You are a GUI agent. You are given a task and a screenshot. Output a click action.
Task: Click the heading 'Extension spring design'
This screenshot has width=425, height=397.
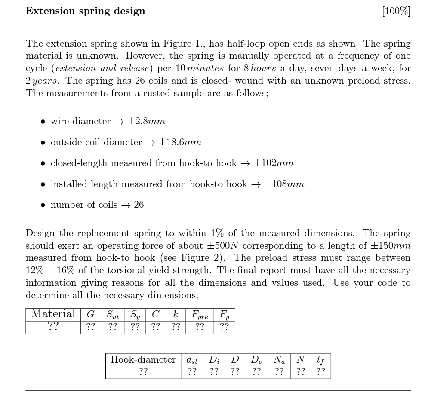coord(85,11)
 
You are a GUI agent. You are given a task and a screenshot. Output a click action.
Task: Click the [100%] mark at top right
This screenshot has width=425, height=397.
coord(396,11)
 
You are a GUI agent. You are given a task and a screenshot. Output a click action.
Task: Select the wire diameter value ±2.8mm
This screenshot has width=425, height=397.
coord(147,122)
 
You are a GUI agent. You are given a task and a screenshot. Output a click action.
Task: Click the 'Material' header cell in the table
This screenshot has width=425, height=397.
coord(53,314)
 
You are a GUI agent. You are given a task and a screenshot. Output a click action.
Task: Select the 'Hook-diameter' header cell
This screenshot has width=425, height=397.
coord(143,359)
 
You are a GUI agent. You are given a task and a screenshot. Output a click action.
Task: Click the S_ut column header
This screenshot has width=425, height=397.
coord(113,314)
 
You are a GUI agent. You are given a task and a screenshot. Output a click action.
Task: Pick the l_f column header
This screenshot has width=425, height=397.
coord(320,360)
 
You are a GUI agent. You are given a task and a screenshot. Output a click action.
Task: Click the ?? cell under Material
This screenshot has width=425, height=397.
coord(53,327)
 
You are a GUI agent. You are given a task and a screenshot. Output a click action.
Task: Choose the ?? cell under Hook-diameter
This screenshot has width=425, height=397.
coord(143,372)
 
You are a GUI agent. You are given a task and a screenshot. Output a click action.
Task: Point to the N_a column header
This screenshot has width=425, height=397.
coord(279,360)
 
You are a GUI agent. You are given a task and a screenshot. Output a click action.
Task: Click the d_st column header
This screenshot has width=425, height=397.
coord(192,360)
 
